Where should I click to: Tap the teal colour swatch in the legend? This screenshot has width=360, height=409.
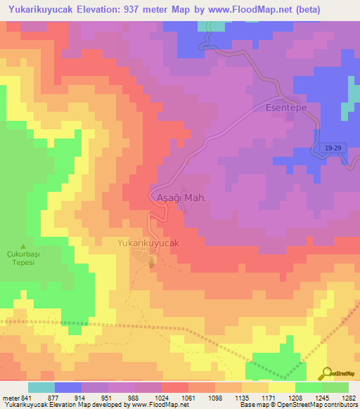(41, 387)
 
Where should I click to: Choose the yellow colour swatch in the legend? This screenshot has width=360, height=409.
(282, 387)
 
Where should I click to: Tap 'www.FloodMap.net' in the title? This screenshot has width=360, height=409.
(265, 10)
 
